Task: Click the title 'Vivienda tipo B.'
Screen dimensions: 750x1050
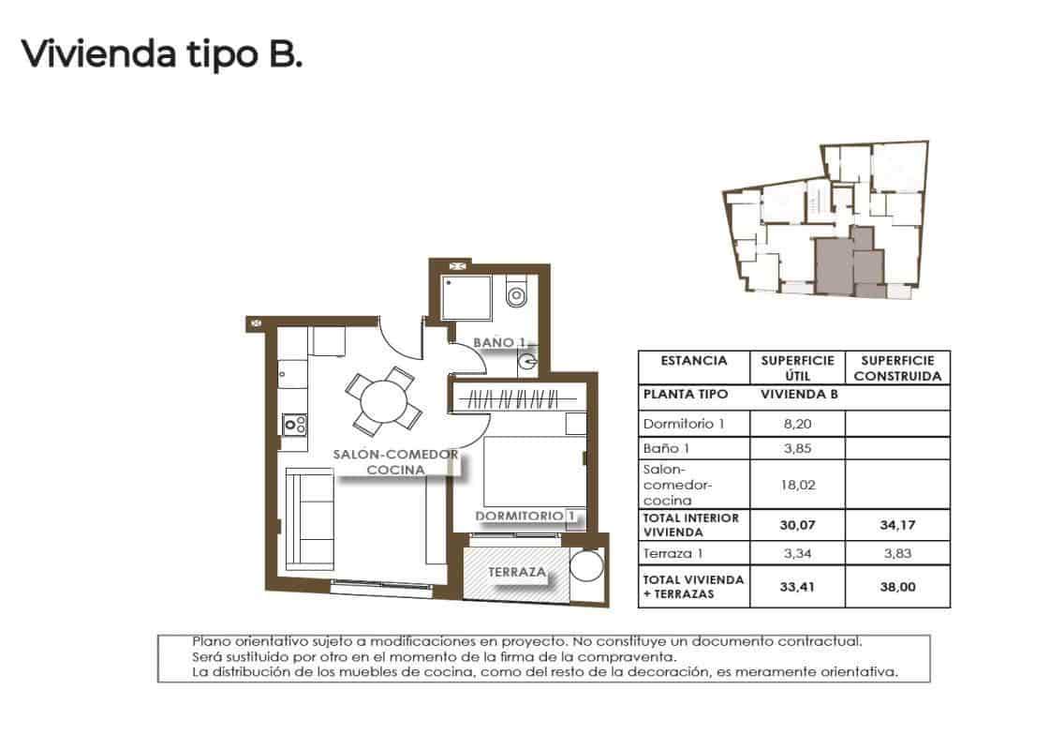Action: (161, 54)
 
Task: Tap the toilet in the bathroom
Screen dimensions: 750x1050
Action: (516, 294)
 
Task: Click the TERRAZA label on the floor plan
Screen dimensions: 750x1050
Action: (517, 571)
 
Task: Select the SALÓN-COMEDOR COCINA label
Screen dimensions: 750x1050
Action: (396, 461)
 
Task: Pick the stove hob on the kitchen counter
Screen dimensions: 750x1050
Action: (295, 425)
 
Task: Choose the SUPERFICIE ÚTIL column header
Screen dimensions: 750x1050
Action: (796, 367)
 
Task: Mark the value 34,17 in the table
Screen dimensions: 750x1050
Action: (896, 526)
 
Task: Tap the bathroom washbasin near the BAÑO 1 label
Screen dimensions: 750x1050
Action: (527, 359)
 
